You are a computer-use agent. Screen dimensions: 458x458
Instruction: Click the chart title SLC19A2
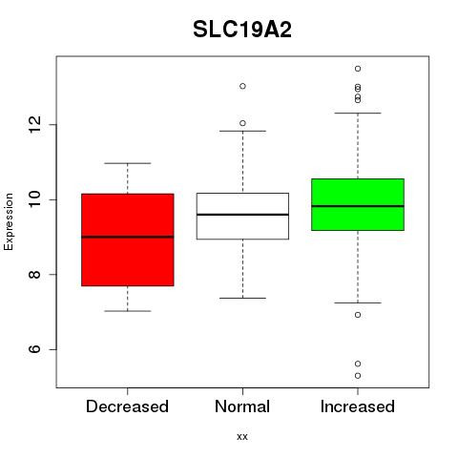point(242,30)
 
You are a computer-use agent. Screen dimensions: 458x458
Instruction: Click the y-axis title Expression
point(9,221)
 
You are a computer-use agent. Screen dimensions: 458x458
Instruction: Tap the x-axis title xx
point(242,436)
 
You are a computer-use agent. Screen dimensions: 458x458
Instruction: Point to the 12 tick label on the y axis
point(34,124)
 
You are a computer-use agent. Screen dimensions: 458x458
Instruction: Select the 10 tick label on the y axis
point(34,199)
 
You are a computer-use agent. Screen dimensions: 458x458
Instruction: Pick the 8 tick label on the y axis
point(34,275)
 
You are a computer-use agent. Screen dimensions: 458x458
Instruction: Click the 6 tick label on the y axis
point(34,349)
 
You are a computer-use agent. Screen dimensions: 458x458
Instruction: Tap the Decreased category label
point(127,406)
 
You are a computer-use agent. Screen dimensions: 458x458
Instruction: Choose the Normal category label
point(242,406)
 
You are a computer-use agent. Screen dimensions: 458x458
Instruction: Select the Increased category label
point(358,406)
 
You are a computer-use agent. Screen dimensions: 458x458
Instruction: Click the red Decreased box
point(128,239)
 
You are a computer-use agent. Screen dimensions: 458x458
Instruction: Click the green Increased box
point(358,204)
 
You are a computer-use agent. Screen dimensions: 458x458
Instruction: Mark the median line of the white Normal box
point(242,215)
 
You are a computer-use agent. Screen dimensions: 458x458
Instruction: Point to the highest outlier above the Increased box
point(358,69)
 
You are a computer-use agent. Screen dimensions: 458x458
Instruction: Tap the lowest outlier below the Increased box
point(358,376)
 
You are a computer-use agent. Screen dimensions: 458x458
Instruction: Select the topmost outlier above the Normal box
point(242,86)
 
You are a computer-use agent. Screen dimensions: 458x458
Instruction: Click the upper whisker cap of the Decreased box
point(128,163)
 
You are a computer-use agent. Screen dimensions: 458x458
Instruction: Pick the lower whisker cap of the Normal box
point(242,298)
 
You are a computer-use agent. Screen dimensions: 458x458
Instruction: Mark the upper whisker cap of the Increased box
point(358,113)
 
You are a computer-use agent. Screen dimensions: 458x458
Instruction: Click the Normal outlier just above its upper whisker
point(242,123)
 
